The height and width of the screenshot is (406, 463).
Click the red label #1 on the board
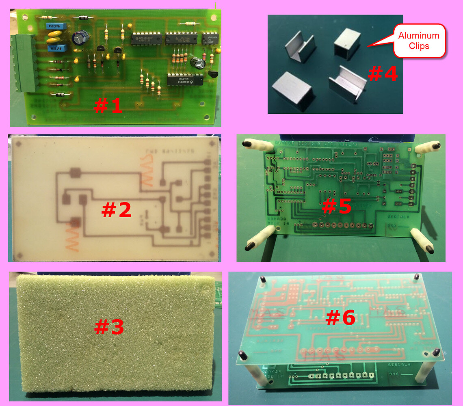pos(108,106)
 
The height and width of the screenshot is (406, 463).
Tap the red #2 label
pos(116,209)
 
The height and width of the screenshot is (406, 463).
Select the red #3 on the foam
pos(109,327)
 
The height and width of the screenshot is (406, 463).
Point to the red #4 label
pos(382,74)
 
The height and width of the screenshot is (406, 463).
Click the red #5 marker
pos(336,206)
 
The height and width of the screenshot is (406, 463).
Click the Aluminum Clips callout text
pos(419,41)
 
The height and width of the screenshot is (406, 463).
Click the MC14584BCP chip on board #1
pos(147,38)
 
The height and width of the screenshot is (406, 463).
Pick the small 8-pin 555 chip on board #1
pos(210,38)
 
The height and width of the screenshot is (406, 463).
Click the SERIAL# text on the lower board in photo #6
pos(392,365)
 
